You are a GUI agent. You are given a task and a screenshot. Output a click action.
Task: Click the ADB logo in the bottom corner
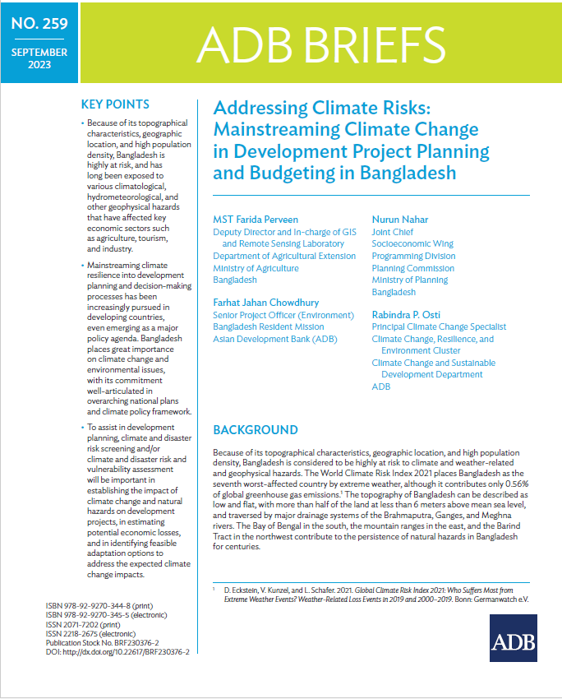[513, 637]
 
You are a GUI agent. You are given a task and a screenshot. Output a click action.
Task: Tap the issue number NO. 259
[39, 24]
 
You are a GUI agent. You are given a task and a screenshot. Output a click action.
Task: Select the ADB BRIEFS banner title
[320, 44]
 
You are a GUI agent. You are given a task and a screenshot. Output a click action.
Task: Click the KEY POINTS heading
[115, 104]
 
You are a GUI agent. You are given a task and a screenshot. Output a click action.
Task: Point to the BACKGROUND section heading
[256, 430]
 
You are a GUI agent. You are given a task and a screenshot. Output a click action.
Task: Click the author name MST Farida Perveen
[256, 220]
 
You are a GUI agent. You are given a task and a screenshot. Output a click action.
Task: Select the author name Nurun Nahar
[400, 220]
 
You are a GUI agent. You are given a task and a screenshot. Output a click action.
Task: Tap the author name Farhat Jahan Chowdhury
[266, 303]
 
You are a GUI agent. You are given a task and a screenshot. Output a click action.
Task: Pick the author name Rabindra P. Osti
[406, 314]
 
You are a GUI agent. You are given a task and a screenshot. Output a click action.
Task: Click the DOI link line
[117, 652]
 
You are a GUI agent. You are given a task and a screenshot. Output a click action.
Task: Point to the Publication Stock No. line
[102, 643]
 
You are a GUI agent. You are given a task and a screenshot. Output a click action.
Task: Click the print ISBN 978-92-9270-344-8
[99, 606]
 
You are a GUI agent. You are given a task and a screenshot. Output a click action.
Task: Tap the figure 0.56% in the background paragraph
[517, 484]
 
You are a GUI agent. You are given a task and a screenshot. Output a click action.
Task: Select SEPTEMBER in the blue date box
[39, 52]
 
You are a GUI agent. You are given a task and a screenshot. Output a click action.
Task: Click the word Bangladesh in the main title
[408, 173]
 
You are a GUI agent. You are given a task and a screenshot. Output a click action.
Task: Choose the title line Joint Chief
[392, 232]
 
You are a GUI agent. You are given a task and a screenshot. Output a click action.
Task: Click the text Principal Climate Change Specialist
[439, 326]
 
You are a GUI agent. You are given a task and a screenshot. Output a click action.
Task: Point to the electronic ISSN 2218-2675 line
[90, 633]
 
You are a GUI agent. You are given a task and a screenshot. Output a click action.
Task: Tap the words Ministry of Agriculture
[256, 268]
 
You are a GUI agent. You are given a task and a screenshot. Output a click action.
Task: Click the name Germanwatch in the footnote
[494, 599]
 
